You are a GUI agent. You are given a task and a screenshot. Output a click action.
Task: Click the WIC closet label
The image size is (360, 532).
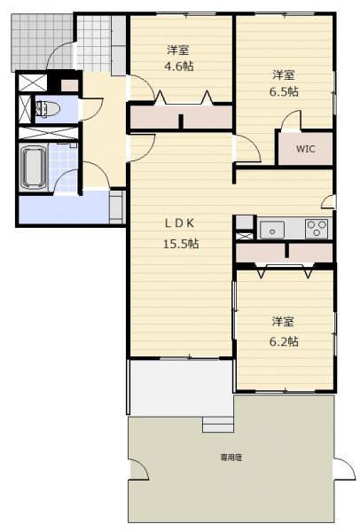click(305, 149)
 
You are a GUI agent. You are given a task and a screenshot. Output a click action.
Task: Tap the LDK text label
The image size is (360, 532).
click(179, 223)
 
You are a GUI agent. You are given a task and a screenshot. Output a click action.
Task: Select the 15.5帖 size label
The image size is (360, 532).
click(181, 244)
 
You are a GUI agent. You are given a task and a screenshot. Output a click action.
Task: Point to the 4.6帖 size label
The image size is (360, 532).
click(179, 66)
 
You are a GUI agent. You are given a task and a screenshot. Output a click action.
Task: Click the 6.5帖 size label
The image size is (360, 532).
click(284, 91)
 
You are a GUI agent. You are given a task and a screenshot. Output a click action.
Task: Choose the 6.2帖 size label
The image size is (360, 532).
click(284, 341)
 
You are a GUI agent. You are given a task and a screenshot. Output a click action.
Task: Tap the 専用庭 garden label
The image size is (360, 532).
click(231, 458)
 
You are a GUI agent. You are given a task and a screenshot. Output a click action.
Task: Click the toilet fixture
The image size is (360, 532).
click(47, 109)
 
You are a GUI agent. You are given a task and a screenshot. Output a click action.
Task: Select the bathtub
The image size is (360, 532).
click(33, 168)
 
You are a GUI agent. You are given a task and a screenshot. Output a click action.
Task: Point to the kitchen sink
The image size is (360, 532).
click(272, 230)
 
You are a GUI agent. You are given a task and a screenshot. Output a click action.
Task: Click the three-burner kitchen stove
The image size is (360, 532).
click(317, 229)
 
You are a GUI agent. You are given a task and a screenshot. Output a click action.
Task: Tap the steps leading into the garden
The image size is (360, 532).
click(218, 425)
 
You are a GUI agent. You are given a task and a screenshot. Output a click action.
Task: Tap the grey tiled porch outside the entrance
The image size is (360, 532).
click(42, 42)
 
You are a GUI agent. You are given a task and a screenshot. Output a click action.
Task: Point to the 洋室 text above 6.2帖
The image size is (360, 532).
click(283, 321)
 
